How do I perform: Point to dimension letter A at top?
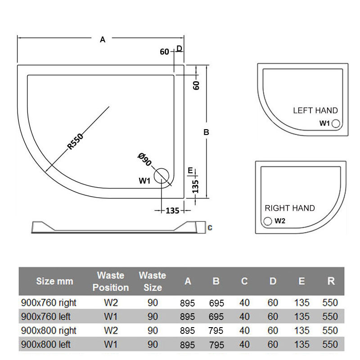[103, 40]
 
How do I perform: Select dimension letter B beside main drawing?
[206, 132]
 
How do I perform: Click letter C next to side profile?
[210, 228]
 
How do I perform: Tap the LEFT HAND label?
[315, 111]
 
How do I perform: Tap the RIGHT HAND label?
[289, 208]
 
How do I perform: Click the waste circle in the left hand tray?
[336, 124]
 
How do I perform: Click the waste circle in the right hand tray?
[268, 221]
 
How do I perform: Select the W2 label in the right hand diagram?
[280, 221]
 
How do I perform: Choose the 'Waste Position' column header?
[111, 281]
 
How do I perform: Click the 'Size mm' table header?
[54, 282]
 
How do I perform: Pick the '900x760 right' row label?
[49, 303]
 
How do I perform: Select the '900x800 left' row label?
[46, 344]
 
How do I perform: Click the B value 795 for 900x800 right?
[216, 331]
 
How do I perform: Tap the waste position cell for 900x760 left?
[111, 316]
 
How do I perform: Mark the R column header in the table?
[331, 281]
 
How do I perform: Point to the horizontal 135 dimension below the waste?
[172, 211]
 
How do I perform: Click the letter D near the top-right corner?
[179, 49]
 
